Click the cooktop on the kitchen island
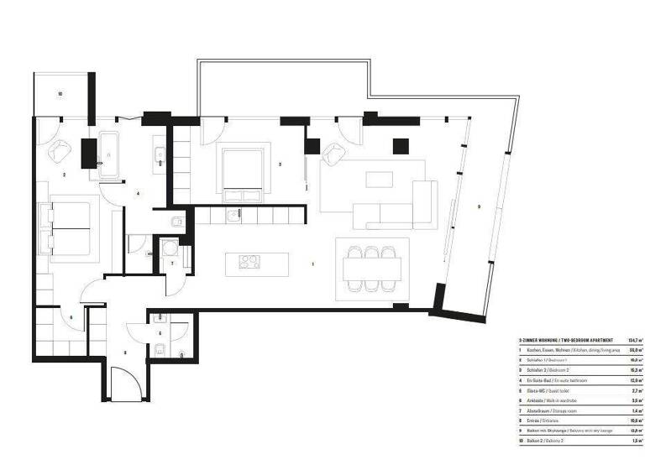point(249,262)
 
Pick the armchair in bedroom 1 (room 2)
point(60,152)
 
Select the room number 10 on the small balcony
point(60,94)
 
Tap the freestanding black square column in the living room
point(399,148)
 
